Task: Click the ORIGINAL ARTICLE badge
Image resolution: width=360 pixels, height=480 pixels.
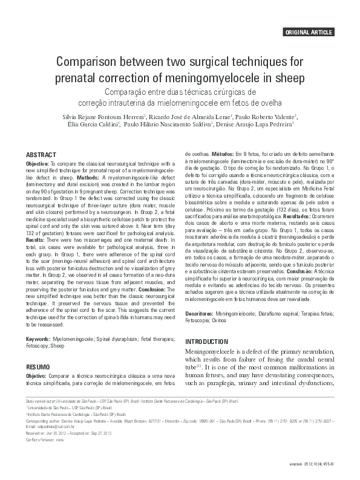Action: click(316, 32)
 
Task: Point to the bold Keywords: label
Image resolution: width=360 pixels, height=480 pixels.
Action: click(38, 340)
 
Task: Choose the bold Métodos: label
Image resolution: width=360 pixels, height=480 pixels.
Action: click(223, 155)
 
